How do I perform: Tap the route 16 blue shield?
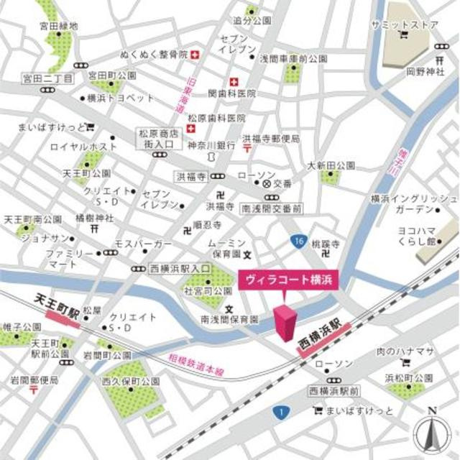point(298,242)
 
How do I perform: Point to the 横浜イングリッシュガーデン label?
point(413,203)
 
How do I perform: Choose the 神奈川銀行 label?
point(211,144)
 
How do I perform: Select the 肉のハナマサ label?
point(405,351)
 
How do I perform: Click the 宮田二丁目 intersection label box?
point(48,77)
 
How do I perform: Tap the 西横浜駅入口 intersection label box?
point(180,268)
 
